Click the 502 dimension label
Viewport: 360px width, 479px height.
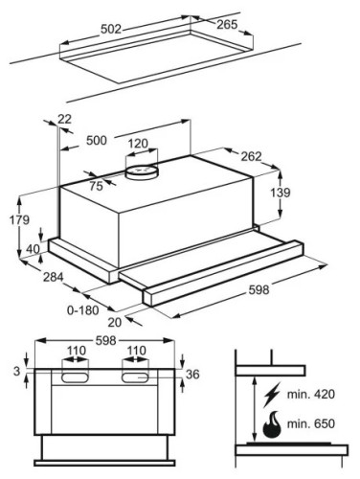(x=111, y=29)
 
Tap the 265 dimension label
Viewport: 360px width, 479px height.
(x=227, y=25)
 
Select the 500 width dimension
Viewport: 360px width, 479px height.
(x=97, y=140)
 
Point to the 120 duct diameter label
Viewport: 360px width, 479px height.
(x=138, y=144)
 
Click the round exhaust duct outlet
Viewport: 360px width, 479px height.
(x=142, y=171)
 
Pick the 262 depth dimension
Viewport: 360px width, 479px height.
(x=251, y=156)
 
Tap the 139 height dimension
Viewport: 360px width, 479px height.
(x=281, y=193)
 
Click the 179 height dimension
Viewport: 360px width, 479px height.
(x=19, y=220)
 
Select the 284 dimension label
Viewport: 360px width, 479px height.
(x=54, y=277)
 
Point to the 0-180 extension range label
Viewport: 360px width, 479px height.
(x=83, y=310)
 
